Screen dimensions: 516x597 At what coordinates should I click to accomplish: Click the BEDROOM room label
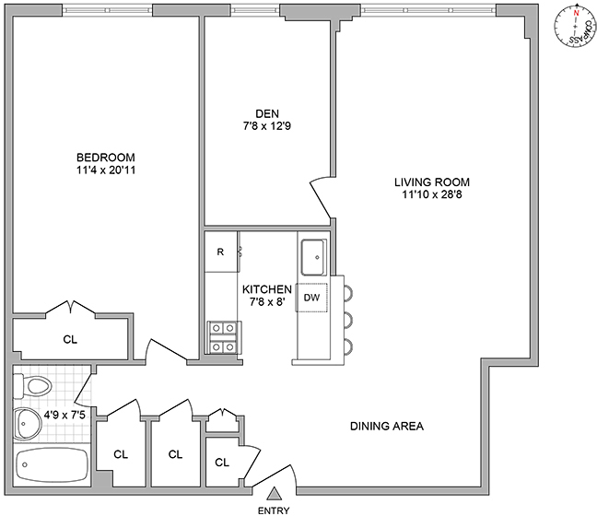tap(106, 156)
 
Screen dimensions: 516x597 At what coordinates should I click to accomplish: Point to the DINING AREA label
tap(386, 427)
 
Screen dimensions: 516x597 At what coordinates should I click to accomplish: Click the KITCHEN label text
tap(267, 288)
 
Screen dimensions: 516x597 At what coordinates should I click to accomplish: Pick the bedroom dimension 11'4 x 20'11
tap(106, 170)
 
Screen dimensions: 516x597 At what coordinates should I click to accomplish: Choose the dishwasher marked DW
tap(312, 298)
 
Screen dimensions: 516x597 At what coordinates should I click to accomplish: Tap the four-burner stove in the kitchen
tap(222, 337)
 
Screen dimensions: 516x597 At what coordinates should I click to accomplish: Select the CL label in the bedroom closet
tap(70, 339)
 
